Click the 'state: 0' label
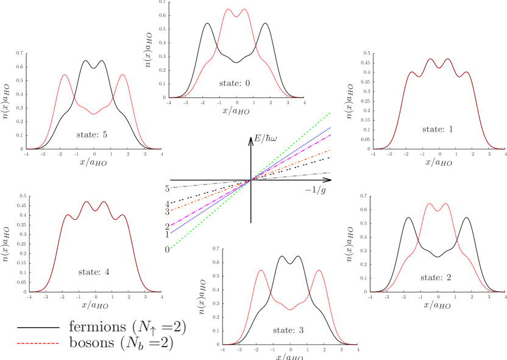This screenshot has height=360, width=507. point(235,83)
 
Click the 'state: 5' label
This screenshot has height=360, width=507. point(93,134)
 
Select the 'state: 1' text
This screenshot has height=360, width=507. point(438,129)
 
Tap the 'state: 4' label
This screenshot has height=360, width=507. point(94,272)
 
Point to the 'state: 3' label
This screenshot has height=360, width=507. point(288,330)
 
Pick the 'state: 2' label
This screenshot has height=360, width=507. point(436,277)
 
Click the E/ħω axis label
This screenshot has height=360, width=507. point(266,139)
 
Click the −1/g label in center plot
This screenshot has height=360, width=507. point(315,190)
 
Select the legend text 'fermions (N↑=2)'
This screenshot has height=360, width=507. point(127,327)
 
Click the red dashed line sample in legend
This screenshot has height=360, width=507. point(38,344)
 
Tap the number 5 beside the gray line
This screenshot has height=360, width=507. point(166,188)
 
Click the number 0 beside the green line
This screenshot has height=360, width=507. point(166,249)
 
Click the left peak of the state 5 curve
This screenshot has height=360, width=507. point(66,75)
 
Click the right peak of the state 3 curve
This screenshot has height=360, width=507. point(319,270)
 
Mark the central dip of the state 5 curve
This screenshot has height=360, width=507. point(94,113)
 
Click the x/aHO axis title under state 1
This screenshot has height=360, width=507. point(438,162)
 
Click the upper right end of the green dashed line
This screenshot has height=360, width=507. point(330,113)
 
